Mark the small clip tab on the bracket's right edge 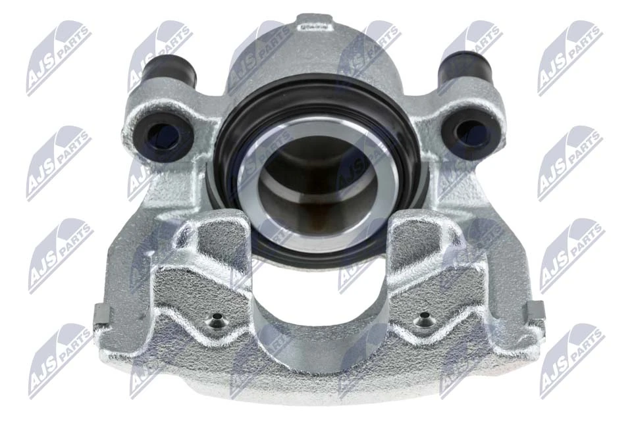pyautogui.click(x=537, y=310)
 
